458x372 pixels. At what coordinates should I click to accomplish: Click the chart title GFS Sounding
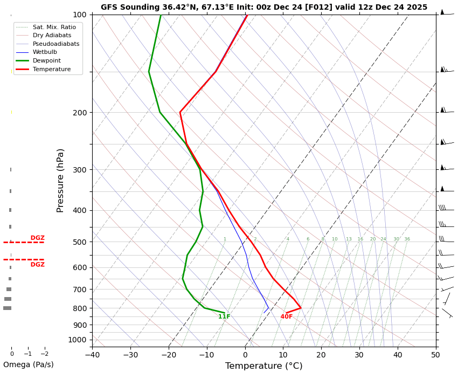pos(263,8)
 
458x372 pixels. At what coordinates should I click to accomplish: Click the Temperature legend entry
pos(51,70)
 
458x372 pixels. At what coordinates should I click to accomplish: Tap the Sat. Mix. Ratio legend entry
pos(54,27)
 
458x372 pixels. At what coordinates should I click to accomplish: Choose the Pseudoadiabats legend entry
pos(55,44)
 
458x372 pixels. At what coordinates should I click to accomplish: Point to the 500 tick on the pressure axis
pos(80,242)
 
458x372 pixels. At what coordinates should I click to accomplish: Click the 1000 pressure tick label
pos(78,340)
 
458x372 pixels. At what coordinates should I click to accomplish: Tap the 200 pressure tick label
pos(80,113)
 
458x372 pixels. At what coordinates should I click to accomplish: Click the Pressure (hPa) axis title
pos(60,180)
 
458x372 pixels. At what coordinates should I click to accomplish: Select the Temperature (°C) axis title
pos(263,366)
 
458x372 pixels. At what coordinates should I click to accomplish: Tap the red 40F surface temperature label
pos(286,317)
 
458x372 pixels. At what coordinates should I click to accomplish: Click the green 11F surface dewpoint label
pos(224,317)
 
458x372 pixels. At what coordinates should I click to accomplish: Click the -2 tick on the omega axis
pos(45,354)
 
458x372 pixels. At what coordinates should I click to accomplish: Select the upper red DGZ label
pos(37,238)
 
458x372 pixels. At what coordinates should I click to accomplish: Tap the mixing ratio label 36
pos(407,239)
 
